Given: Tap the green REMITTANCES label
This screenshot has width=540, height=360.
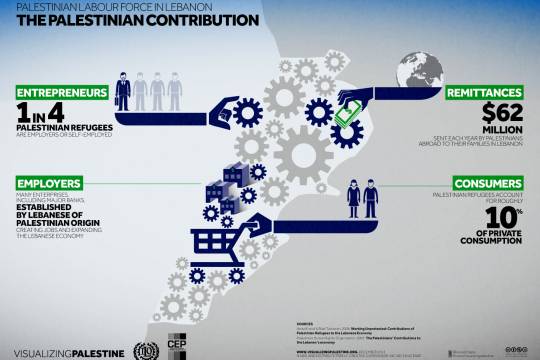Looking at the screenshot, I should [x=489, y=91].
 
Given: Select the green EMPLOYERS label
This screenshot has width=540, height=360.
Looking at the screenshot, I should [x=47, y=184].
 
